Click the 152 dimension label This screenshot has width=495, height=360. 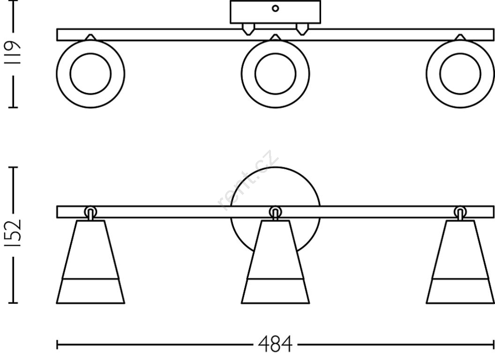13,233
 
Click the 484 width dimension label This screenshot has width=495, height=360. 275,344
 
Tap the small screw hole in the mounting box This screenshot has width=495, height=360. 275,8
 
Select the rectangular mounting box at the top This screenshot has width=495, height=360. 275,12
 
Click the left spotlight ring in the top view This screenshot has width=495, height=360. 90,74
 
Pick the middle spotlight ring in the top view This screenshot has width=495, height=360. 275,74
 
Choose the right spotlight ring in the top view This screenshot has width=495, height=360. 460,74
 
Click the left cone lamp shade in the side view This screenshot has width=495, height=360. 90,262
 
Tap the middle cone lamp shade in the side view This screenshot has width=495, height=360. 275,262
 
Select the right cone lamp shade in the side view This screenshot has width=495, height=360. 460,262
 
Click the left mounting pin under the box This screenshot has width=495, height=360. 248,30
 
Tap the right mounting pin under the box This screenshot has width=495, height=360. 302,30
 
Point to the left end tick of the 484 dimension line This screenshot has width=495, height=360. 57,345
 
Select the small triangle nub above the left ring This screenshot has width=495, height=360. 90,37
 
